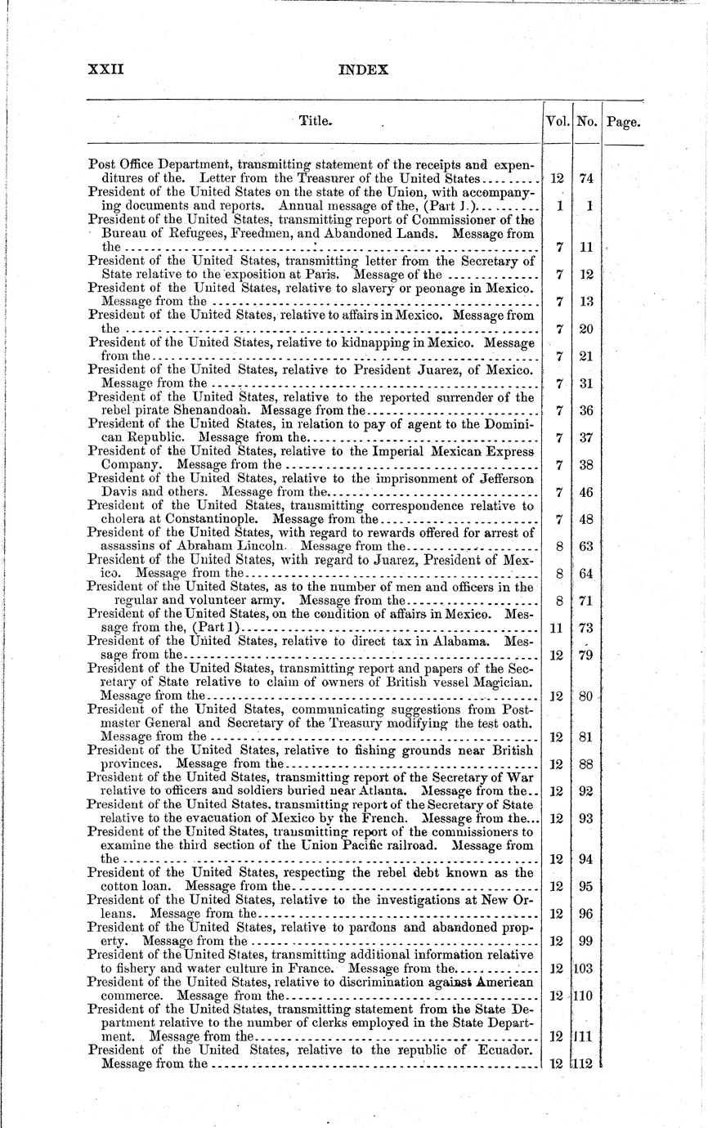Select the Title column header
pyautogui.click(x=315, y=121)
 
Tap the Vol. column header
pyautogui.click(x=558, y=123)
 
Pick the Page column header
pyautogui.click(x=623, y=123)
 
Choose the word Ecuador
pyautogui.click(x=504, y=1050)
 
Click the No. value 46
pyautogui.click(x=587, y=492)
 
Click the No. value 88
pyautogui.click(x=587, y=764)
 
